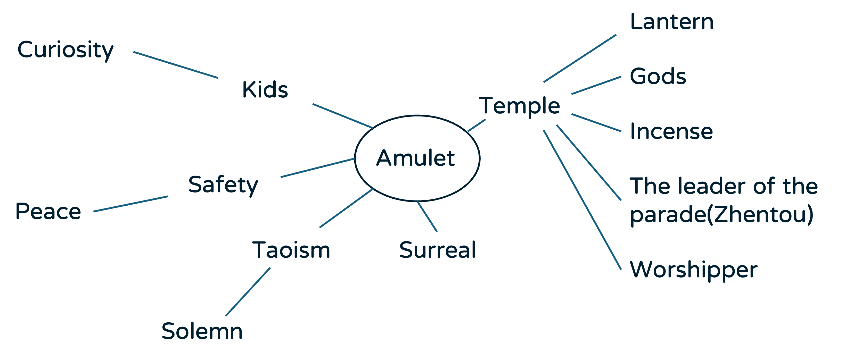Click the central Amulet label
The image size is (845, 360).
415,158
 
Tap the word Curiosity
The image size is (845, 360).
65,50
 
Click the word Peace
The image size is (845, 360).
48,212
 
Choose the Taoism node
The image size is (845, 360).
291,250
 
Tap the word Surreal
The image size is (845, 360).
437,250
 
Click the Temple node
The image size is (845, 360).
519,106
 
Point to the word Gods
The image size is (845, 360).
658,76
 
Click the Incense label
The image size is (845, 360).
671,131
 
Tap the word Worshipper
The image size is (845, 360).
693,270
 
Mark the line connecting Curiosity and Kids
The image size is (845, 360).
176,65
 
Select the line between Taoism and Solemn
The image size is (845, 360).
248,292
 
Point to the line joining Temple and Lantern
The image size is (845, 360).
580,58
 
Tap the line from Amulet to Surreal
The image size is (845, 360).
427,217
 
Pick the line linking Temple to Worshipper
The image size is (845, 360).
582,200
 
